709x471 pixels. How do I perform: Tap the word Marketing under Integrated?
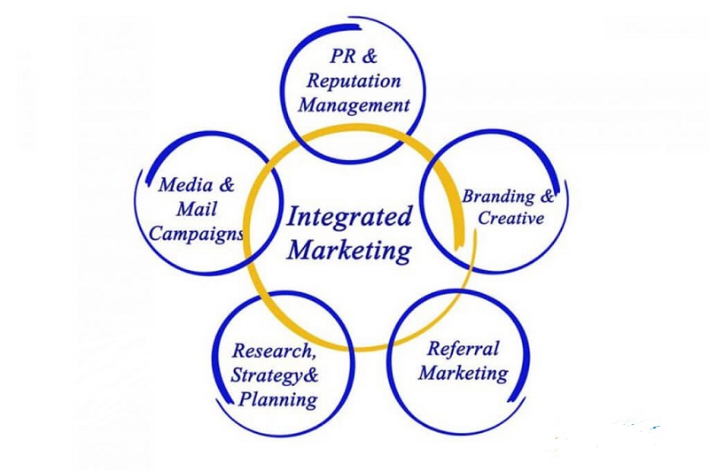[350, 250]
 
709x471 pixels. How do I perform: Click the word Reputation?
[354, 81]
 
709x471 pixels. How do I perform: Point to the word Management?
[354, 105]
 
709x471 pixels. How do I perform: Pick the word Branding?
[498, 197]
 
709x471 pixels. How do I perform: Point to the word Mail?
[198, 211]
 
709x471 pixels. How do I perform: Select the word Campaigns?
[197, 235]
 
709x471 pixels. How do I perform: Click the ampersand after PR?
[370, 57]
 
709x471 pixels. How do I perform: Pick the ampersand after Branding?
[549, 196]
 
